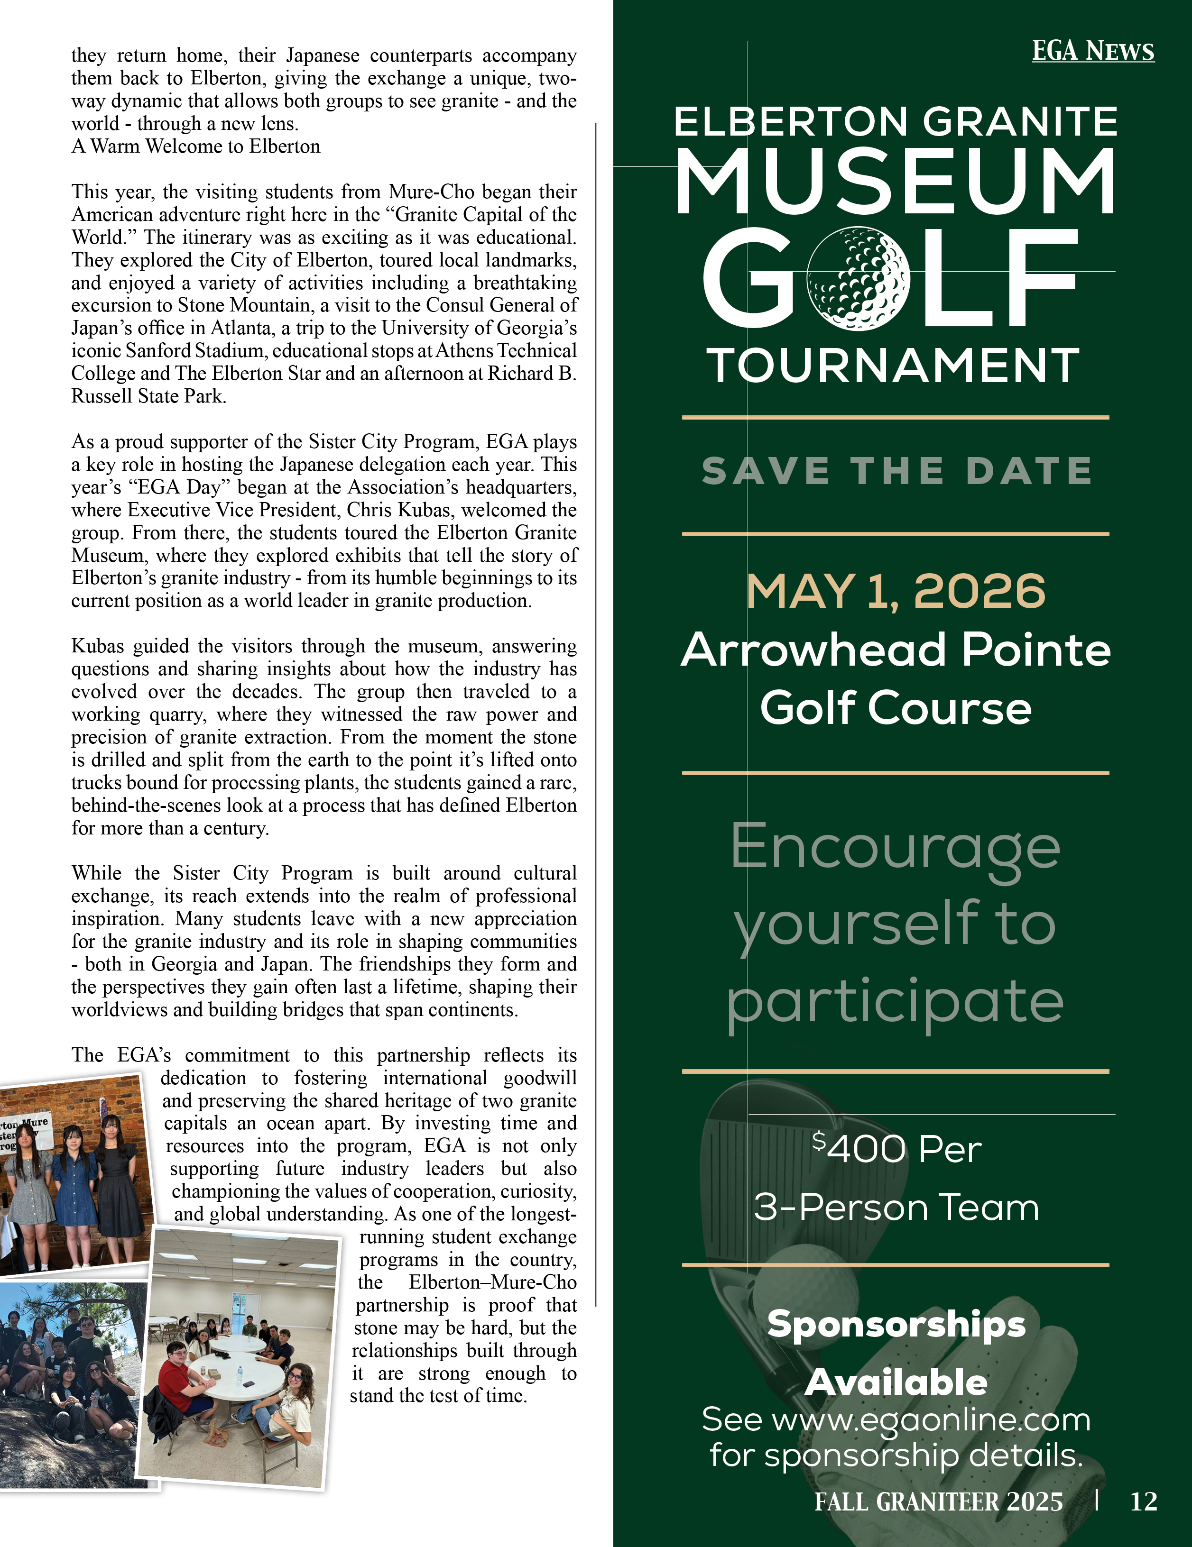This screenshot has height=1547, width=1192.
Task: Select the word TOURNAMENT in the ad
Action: [894, 366]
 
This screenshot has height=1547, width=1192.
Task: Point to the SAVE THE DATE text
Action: [896, 471]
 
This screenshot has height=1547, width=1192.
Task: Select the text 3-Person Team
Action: [896, 1207]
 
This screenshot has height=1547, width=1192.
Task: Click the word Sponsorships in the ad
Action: [896, 1324]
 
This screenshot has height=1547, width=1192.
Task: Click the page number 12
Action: [1143, 1501]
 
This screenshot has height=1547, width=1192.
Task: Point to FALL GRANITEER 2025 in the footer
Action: [938, 1501]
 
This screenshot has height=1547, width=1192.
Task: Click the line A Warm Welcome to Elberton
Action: [195, 146]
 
